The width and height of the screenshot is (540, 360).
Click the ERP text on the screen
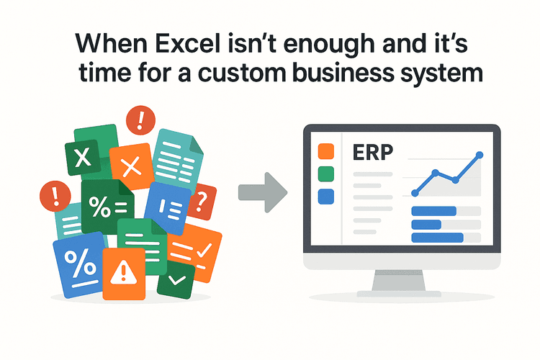374,153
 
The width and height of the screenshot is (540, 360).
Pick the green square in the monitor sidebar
326,174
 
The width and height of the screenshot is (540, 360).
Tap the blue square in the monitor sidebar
326,195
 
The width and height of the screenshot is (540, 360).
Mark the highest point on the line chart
480,155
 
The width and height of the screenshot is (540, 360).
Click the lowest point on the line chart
415,192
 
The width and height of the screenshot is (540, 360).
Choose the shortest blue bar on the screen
433,210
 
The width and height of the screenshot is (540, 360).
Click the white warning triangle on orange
124,272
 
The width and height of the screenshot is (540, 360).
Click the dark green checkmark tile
176,276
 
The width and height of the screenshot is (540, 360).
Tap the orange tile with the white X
130,167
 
